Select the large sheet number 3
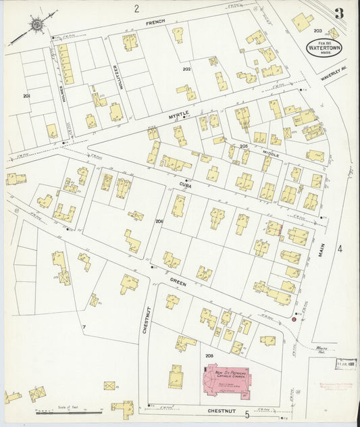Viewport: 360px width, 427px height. tap(338, 14)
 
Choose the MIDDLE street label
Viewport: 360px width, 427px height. tap(271, 155)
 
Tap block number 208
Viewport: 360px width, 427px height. tap(209, 355)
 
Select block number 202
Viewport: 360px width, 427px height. tap(186, 69)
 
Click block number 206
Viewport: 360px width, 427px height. tap(159, 222)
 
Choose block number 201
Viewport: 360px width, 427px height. tap(26, 97)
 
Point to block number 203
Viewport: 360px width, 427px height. tap(317, 31)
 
